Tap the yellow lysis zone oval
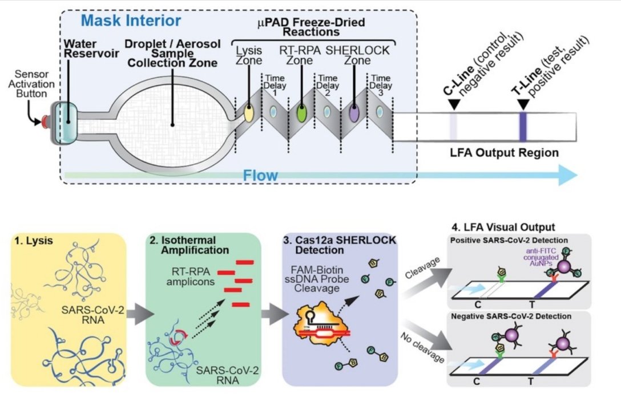pos(249,112)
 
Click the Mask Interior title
pos(131,22)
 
